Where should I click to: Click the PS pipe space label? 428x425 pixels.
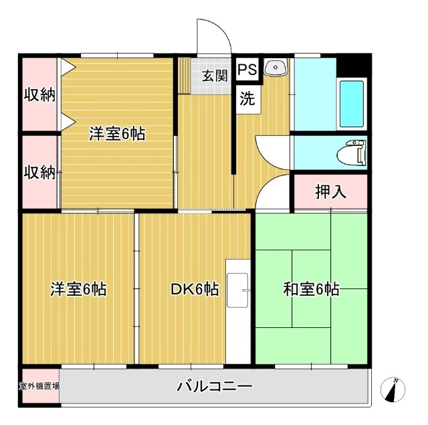(247, 69)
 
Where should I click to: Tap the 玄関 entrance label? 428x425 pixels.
(215, 76)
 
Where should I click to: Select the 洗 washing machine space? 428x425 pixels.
(247, 98)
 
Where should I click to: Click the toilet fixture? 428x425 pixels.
(352, 153)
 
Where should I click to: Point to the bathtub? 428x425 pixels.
(352, 104)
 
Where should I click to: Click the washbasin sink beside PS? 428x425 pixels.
(276, 67)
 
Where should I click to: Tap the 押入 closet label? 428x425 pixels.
(331, 191)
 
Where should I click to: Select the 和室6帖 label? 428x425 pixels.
(311, 289)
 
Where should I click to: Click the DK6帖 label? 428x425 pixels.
(195, 289)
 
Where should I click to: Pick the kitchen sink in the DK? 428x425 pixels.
(238, 290)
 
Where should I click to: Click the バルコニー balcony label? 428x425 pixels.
(215, 386)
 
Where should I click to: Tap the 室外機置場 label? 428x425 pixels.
(39, 386)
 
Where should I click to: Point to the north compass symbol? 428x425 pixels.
(393, 390)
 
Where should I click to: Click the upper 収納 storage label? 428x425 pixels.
(39, 95)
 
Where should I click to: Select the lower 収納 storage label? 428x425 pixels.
(39, 173)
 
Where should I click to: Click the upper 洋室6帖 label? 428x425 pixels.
(117, 134)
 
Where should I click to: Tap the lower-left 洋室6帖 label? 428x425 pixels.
(78, 289)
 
